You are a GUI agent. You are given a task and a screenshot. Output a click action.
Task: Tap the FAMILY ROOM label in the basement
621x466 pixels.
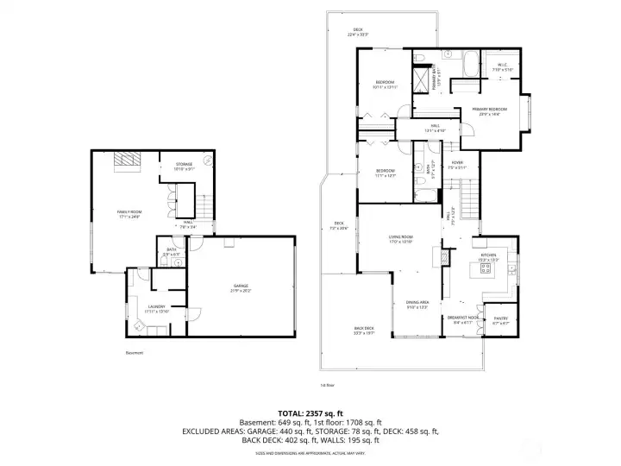click(x=129, y=212)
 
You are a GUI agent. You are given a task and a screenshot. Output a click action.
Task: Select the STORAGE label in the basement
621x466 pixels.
click(x=185, y=164)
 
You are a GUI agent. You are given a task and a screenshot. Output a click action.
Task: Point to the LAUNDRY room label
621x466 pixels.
click(x=157, y=306)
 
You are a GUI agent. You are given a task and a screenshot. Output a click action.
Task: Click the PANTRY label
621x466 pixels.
click(x=501, y=319)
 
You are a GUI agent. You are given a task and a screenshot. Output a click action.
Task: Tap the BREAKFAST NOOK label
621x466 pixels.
click(x=463, y=318)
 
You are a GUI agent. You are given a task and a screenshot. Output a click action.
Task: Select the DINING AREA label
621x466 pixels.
click(x=418, y=303)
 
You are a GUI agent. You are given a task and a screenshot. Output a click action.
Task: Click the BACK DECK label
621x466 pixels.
click(x=363, y=329)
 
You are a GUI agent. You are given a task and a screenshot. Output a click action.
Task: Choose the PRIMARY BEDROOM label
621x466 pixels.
click(x=489, y=109)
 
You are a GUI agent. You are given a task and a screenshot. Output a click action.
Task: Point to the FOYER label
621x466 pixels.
click(x=457, y=162)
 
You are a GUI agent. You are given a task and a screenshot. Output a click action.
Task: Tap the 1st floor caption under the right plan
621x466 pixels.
click(x=327, y=385)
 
